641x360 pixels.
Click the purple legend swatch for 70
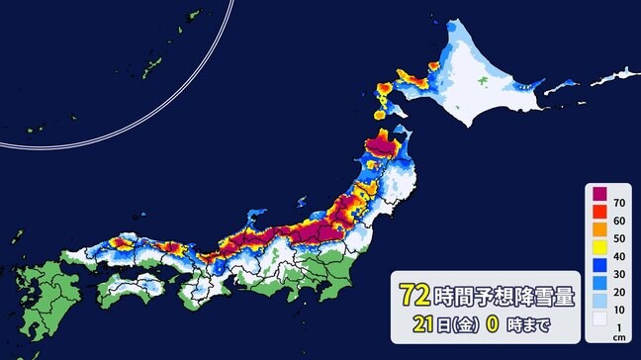[x=599, y=194]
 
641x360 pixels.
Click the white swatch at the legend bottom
[x=599, y=319]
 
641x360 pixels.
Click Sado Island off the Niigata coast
[x=321, y=199]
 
